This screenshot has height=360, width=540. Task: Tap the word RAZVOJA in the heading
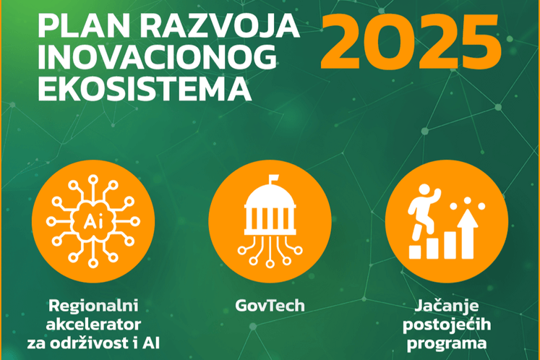click(219, 26)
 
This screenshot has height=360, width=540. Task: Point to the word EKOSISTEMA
click(145, 89)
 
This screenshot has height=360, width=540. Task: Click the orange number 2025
click(411, 42)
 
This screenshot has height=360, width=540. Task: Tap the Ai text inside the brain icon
click(93, 221)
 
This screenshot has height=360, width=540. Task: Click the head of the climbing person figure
click(424, 190)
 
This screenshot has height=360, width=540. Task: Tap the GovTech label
click(270, 306)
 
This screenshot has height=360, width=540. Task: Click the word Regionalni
click(93, 306)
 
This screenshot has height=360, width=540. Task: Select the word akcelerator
click(93, 324)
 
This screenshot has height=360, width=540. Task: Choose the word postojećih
click(447, 325)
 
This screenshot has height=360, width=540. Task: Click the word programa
click(447, 344)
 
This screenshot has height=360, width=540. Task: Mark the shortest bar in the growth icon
click(415, 252)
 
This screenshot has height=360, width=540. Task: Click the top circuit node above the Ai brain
click(93, 179)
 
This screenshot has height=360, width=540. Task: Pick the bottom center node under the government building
click(270, 264)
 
